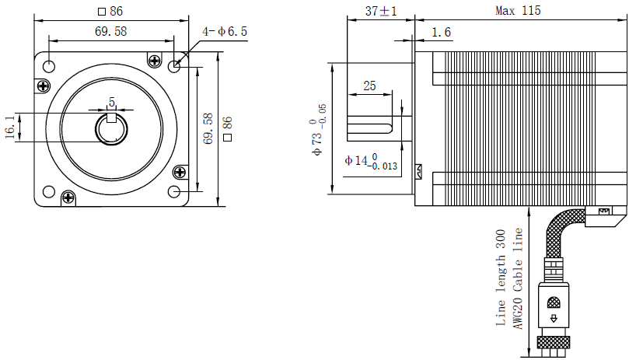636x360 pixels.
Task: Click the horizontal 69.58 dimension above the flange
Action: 111,31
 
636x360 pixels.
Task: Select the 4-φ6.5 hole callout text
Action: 225,31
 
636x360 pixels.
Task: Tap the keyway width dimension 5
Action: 112,102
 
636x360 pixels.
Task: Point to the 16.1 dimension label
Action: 9,127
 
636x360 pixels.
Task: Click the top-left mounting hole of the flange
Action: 48,66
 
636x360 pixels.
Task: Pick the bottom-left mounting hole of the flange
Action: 48,191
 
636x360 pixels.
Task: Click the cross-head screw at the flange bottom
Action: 69,198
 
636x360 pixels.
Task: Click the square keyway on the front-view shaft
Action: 112,118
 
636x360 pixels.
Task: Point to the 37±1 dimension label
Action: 381,11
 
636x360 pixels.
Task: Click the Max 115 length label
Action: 518,11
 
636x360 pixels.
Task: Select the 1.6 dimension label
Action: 441,32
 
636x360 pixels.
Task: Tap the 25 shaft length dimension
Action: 370,86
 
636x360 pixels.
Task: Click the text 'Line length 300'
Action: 501,277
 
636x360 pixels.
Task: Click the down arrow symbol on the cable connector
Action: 554,317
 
